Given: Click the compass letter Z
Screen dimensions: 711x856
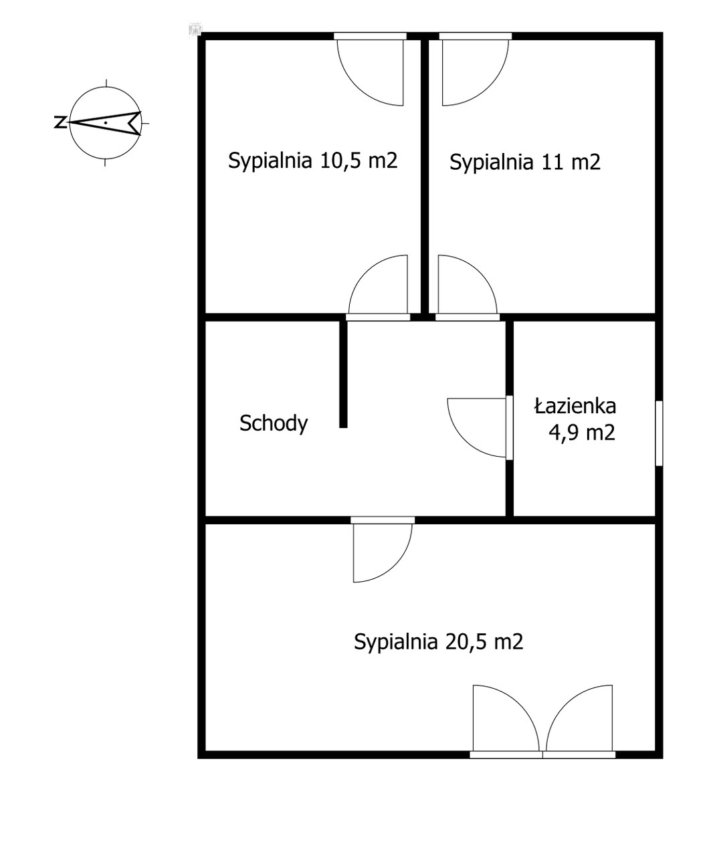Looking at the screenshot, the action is pyautogui.click(x=60, y=122).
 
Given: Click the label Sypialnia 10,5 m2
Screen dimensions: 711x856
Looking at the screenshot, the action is pyautogui.click(x=313, y=160).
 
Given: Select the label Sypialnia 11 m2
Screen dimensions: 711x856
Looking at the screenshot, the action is pyautogui.click(x=525, y=162).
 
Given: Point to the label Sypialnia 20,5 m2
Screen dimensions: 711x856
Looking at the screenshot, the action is pyautogui.click(x=438, y=641).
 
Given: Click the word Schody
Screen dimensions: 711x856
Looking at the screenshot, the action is pyautogui.click(x=274, y=423).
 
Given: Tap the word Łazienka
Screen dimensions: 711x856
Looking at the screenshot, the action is pyautogui.click(x=575, y=407).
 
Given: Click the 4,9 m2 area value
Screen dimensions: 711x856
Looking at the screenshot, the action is pyautogui.click(x=582, y=433).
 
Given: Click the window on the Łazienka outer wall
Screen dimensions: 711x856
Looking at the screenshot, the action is pyautogui.click(x=659, y=433).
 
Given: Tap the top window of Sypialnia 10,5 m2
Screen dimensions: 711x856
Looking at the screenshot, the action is pyautogui.click(x=370, y=36).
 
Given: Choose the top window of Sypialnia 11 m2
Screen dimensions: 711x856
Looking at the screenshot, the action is pyautogui.click(x=476, y=36).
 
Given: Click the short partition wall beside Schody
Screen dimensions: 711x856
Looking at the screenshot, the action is pyautogui.click(x=343, y=374).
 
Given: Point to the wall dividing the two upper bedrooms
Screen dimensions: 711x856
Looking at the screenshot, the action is pyautogui.click(x=425, y=177).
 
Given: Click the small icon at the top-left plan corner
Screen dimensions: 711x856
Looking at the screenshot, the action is pyautogui.click(x=195, y=29).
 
